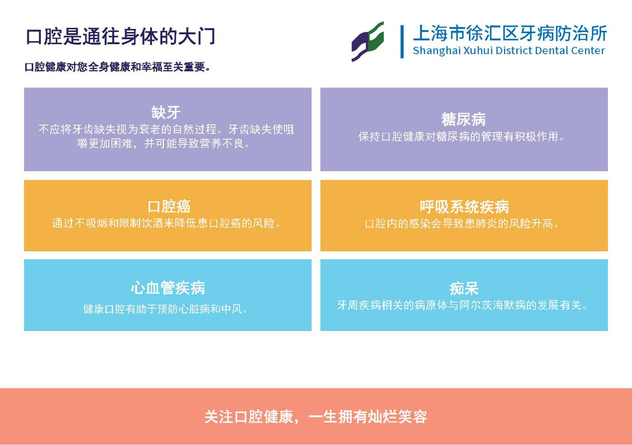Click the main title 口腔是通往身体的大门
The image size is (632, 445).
tap(120, 36)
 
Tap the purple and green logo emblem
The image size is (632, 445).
tap(368, 41)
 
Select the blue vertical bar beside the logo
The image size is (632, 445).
tap(402, 42)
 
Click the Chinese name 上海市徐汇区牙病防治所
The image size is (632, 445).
tap(510, 34)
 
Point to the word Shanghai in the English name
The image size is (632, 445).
tap(437, 51)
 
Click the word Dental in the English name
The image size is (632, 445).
tap(551, 50)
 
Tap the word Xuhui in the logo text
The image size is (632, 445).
tap(478, 50)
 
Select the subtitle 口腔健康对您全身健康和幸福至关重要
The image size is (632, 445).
tap(117, 67)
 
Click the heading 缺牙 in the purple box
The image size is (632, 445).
tap(166, 112)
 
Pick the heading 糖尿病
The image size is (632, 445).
tap(464, 119)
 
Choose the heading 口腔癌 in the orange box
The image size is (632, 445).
tap(169, 207)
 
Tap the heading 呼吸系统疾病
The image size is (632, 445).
tap(464, 207)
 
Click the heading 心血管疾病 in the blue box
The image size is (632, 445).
tap(168, 288)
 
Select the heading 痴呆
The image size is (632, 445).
tap(464, 289)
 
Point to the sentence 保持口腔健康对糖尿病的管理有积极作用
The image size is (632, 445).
tap(462, 136)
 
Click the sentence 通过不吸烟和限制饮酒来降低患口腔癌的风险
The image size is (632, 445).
tap(166, 224)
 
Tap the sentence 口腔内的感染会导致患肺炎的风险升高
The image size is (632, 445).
tap(462, 224)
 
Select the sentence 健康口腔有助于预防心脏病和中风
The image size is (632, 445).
tap(166, 309)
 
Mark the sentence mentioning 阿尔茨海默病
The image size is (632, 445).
tap(462, 305)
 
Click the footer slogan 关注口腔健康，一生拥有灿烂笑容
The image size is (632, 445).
tap(316, 417)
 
